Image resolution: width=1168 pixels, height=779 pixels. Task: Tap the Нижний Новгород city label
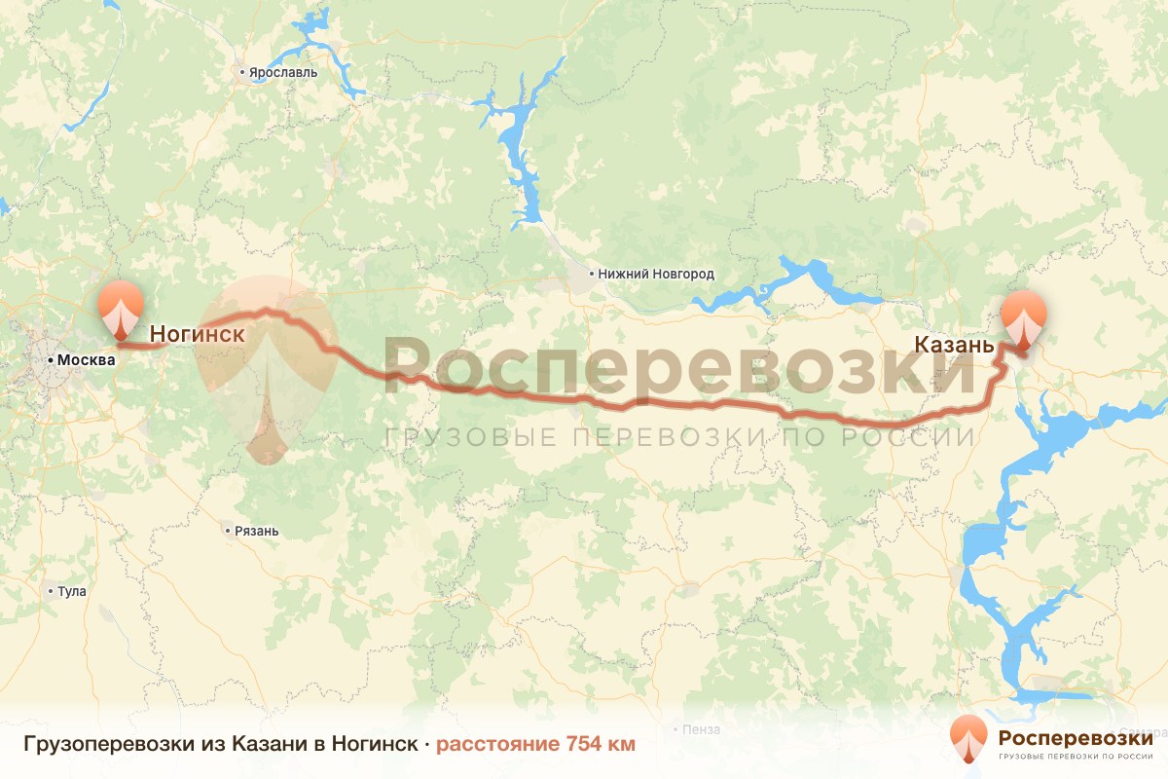point(656,275)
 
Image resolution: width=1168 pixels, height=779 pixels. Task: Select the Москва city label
point(86,360)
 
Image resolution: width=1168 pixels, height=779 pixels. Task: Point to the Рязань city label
point(257,532)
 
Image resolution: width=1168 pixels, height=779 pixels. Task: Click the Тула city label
point(73,591)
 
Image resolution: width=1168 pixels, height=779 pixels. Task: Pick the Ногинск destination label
point(197,334)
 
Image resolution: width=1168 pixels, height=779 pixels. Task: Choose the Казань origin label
point(954,345)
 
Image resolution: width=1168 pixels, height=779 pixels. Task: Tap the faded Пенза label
point(701,729)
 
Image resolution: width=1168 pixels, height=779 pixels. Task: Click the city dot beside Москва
point(52,360)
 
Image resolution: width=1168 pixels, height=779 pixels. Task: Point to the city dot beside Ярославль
point(243,72)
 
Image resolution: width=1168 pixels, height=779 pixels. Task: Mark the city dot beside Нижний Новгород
point(592,275)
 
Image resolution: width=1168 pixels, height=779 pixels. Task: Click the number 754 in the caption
point(584,745)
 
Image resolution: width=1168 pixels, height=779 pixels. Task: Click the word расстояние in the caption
point(495,745)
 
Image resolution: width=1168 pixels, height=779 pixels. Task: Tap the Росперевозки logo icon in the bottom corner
point(967,738)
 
